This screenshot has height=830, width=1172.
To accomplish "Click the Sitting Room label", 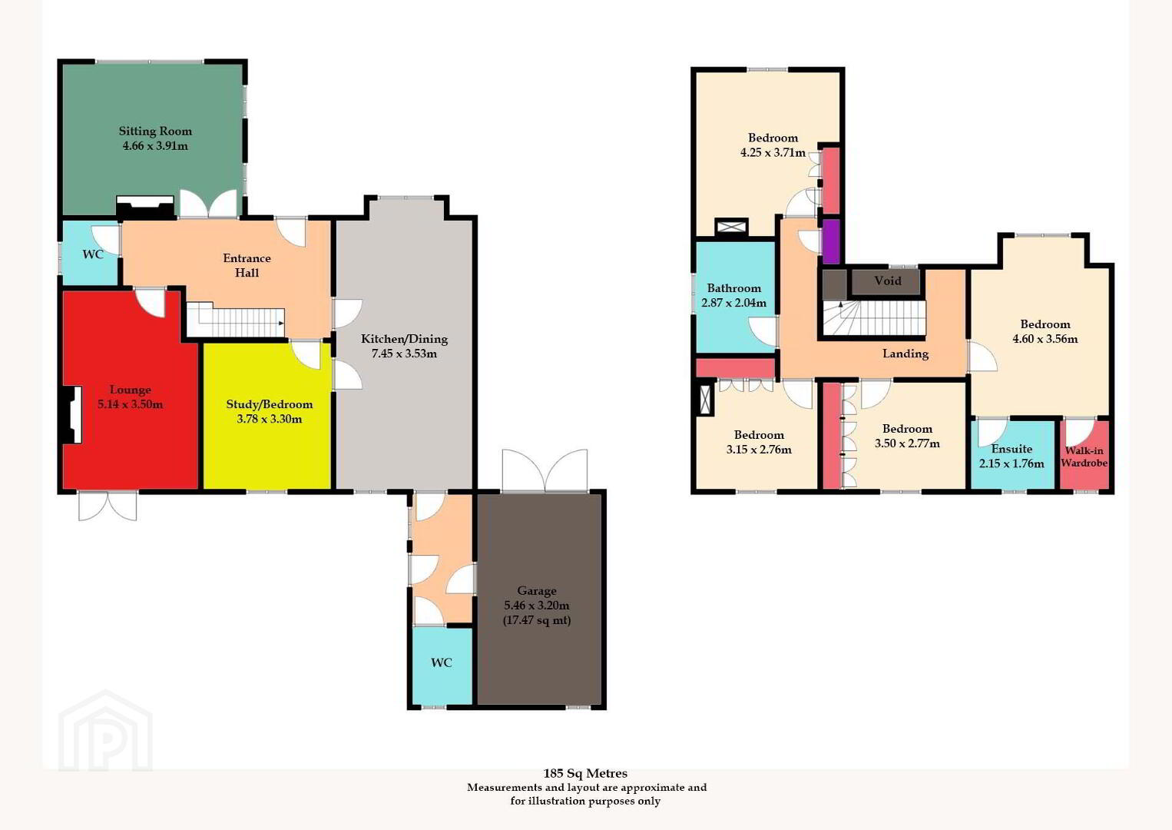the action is point(155,131).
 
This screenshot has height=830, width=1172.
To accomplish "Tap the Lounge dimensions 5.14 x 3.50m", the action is point(131,404).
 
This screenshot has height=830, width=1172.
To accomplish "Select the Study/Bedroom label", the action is point(270,404).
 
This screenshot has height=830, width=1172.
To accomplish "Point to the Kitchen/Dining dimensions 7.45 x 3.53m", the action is point(404,354).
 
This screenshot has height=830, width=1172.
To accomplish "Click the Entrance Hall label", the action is point(247,265).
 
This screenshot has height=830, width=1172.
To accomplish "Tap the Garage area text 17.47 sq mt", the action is point(537,620).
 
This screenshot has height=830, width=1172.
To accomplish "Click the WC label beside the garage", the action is point(441,662).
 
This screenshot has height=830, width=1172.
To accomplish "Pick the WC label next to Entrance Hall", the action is point(93,254).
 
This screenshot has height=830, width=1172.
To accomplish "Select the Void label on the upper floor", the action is point(888,281).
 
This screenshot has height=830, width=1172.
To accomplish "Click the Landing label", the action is point(905,354).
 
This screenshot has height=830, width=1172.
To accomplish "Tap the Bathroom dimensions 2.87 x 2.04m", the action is point(733,303).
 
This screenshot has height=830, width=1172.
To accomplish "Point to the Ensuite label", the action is point(1012,449).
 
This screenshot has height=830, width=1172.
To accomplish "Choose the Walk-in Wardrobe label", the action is point(1084,456).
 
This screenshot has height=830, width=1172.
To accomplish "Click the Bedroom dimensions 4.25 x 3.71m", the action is point(773,152).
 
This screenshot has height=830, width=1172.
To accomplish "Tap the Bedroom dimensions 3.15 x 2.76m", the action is point(759,450).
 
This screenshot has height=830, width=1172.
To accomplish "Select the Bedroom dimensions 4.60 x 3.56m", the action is point(1045,339).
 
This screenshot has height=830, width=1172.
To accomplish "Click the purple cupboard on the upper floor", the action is point(832,241).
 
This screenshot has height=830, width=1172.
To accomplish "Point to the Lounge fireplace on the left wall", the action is point(71,415).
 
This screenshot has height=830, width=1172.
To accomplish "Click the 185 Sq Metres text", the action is point(585,773).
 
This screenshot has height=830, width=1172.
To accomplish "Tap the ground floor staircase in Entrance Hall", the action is point(236,320).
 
